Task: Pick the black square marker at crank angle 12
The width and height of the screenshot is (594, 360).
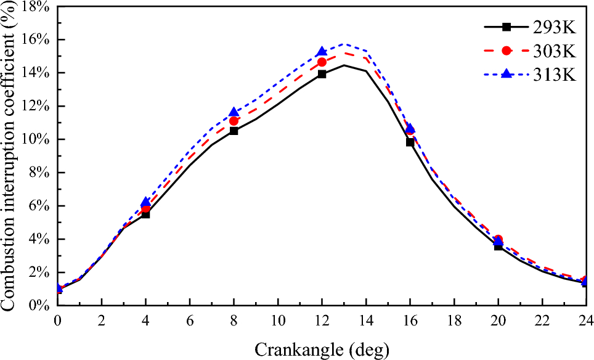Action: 322,74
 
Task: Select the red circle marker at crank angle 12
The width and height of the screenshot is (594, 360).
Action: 322,62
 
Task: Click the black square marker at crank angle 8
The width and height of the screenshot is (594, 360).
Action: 234,131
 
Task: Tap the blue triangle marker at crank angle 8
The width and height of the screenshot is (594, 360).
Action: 234,112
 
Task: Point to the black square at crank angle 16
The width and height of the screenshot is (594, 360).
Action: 410,142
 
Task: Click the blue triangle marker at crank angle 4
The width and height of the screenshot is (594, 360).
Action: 145,202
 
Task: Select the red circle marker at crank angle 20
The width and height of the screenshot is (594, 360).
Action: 498,239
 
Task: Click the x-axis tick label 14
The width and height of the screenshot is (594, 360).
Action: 366,321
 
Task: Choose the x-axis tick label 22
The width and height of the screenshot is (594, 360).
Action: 542,321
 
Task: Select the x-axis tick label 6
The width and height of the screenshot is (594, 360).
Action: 190,321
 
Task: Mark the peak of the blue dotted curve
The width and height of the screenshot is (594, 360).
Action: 344,44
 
